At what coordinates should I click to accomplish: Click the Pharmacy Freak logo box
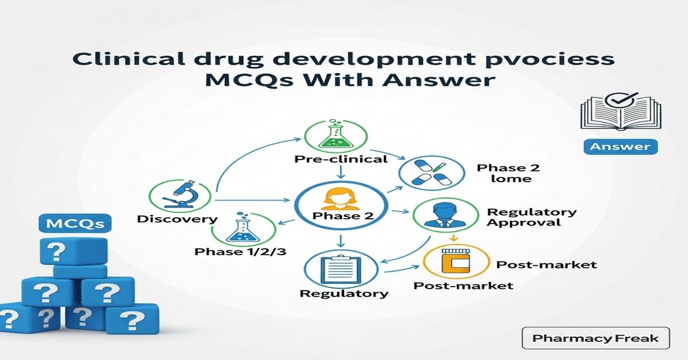coord(596,338)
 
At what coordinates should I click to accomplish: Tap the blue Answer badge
coord(620,146)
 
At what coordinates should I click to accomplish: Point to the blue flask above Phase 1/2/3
coord(237,231)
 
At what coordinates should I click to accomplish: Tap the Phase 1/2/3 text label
coord(240,252)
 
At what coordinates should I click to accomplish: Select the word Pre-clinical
coord(341,159)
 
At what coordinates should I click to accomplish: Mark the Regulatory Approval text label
coord(531,217)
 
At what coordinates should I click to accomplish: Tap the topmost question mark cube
coord(73,251)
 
